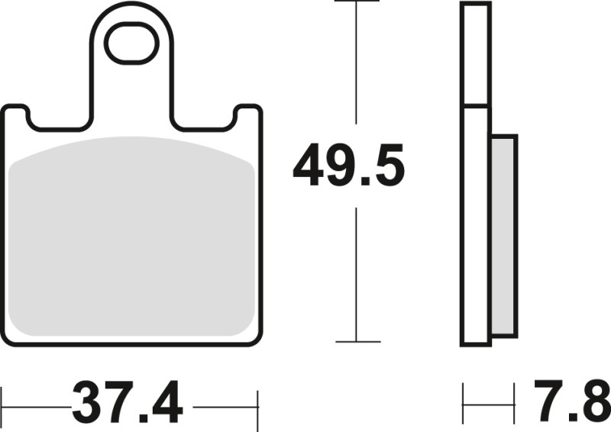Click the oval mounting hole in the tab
tap(131, 44)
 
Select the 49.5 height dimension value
tap(348, 168)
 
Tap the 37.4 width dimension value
tap(128, 401)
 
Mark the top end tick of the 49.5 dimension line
tap(357, 2)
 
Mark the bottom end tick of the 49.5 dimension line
tap(357, 341)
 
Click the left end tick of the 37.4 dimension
tap(2, 402)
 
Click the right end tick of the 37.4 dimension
tap(258, 402)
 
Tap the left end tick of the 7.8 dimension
tap(463, 402)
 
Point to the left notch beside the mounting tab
tap(58, 122)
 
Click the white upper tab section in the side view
tap(474, 53)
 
